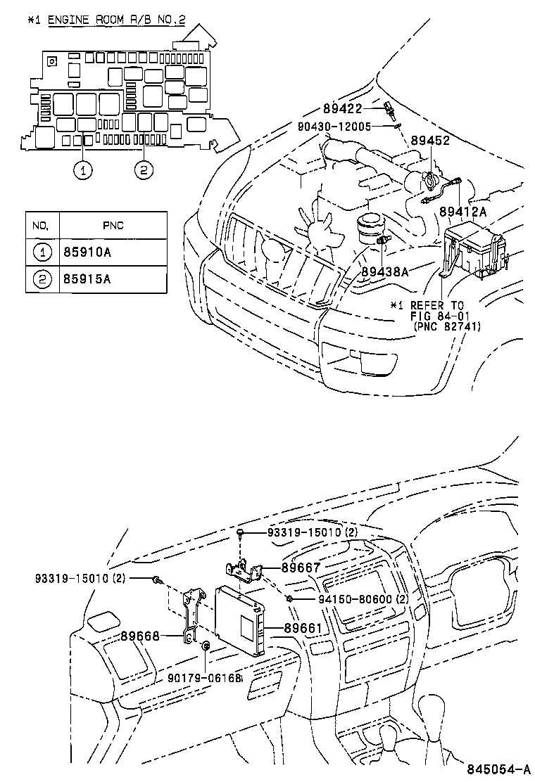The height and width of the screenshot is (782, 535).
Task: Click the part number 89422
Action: pyautogui.click(x=343, y=108)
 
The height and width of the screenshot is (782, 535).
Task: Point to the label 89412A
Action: pyautogui.click(x=463, y=212)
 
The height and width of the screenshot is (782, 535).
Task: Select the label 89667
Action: pyautogui.click(x=301, y=568)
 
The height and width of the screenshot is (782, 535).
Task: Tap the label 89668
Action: pyautogui.click(x=139, y=636)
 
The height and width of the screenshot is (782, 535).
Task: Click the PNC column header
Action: pyautogui.click(x=113, y=226)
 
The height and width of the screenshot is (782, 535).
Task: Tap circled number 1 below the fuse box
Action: pyautogui.click(x=84, y=169)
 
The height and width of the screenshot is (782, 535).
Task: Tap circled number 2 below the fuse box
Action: pyautogui.click(x=144, y=169)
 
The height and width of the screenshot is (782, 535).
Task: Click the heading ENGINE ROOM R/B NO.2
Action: pyautogui.click(x=116, y=20)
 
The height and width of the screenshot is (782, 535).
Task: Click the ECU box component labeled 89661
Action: pyautogui.click(x=239, y=617)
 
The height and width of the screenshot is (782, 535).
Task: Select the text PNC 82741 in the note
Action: pyautogui.click(x=437, y=326)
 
